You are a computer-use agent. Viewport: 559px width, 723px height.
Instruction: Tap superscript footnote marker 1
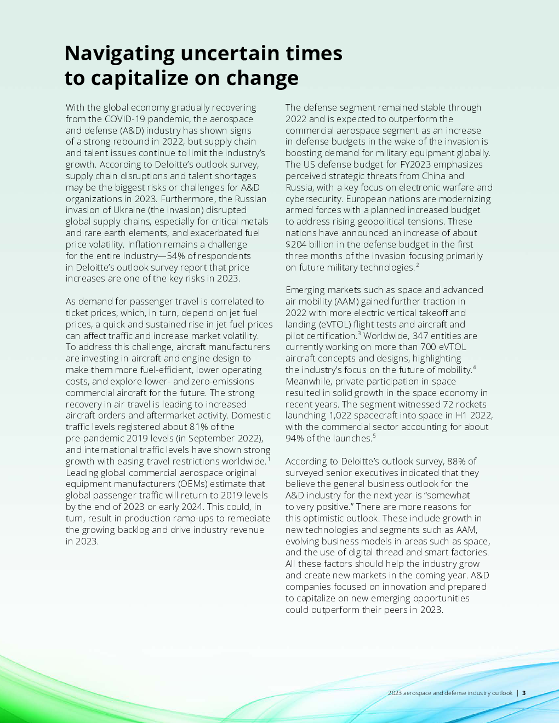click(x=269, y=458)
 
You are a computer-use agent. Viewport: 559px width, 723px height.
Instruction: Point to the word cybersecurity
click(x=314, y=199)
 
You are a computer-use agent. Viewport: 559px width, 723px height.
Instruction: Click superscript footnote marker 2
click(x=417, y=265)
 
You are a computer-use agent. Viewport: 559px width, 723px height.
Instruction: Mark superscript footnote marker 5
click(x=374, y=436)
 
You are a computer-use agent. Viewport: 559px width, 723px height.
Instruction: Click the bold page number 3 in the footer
click(x=524, y=693)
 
